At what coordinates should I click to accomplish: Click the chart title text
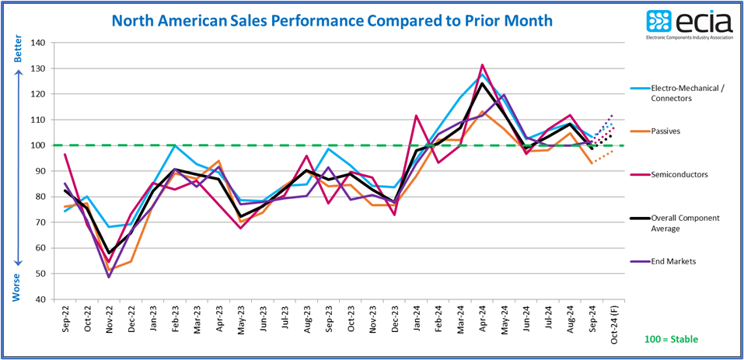[x=332, y=20]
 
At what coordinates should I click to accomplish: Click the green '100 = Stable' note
[x=672, y=339]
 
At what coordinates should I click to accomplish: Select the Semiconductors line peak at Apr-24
[x=483, y=65]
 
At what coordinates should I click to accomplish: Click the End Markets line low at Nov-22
[x=108, y=277]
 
